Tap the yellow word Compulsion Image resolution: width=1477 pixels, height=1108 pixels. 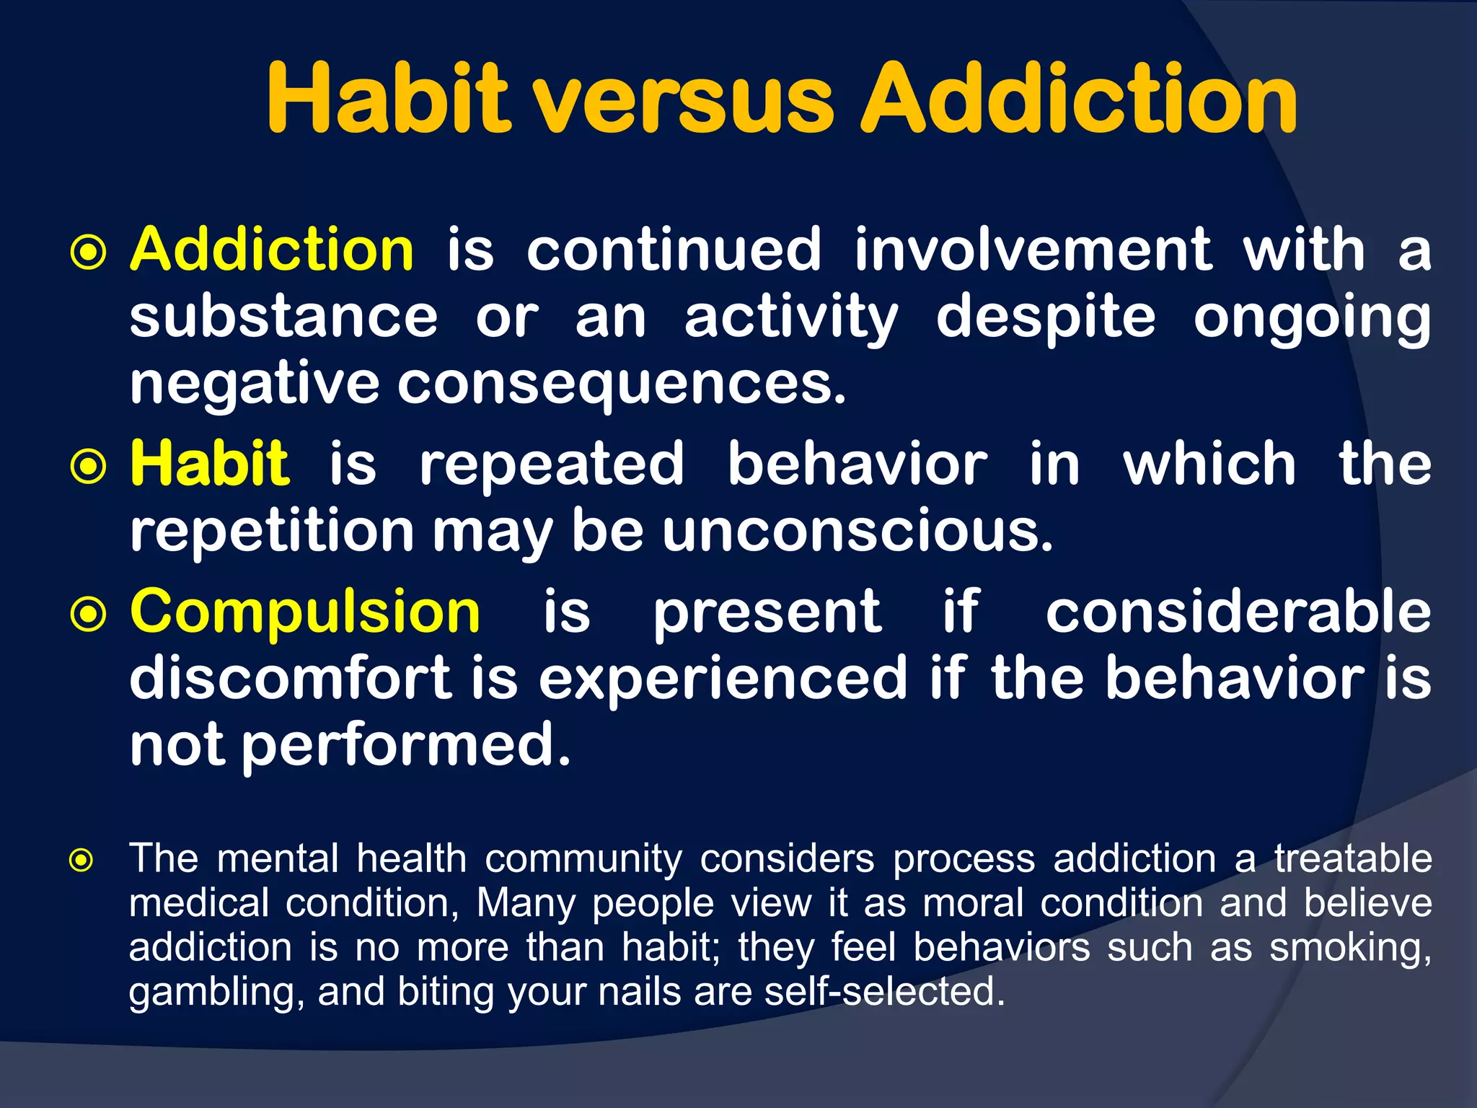pyautogui.click(x=305, y=612)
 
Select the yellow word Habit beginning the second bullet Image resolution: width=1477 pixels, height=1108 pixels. pyautogui.click(x=209, y=464)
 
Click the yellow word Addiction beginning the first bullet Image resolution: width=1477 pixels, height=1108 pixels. pyautogui.click(x=272, y=250)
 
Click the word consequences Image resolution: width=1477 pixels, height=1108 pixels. pyautogui.click(x=621, y=384)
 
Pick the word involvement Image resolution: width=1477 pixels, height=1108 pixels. pyautogui.click(x=1032, y=250)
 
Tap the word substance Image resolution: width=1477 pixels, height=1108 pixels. pyautogui.click(x=283, y=317)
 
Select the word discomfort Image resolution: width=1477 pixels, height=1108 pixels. pyautogui.click(x=291, y=678)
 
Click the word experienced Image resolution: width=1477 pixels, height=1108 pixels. pyautogui.click(x=723, y=678)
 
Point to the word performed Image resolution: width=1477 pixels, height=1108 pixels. pyautogui.click(x=405, y=745)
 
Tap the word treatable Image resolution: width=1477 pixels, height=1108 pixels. pyautogui.click(x=1353, y=859)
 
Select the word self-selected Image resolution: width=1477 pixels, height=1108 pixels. pyautogui.click(x=884, y=991)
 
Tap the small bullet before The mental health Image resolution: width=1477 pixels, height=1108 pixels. pyautogui.click(x=81, y=861)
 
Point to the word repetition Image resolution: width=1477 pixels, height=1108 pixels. pyautogui.click(x=272, y=531)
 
